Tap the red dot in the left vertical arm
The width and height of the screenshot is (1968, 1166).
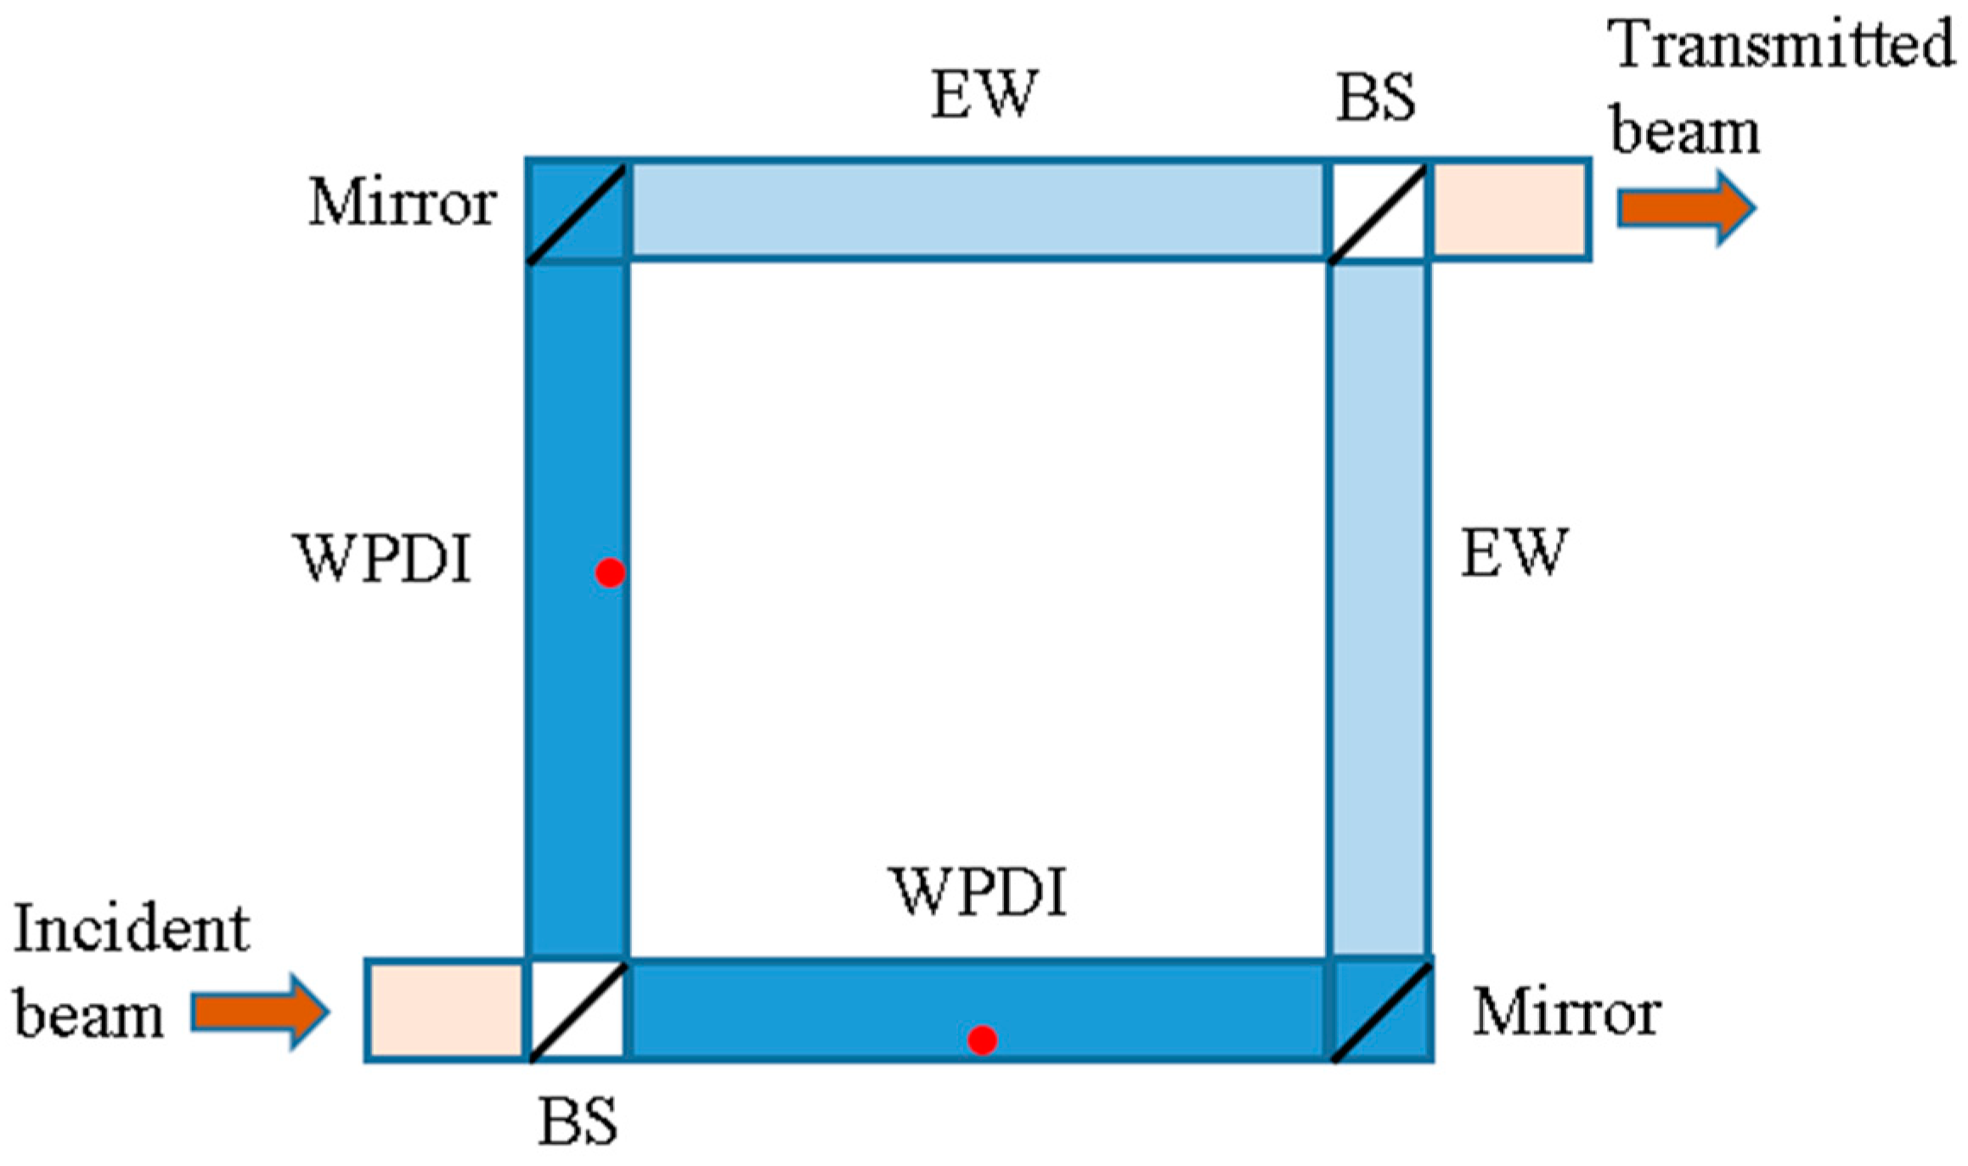[x=610, y=573]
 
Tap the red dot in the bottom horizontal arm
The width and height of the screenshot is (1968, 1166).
[x=982, y=1039]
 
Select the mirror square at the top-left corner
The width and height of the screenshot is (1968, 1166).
[x=578, y=210]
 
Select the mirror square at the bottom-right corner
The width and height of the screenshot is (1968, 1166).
[x=1380, y=1011]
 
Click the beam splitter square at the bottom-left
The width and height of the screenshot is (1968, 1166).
[x=578, y=1011]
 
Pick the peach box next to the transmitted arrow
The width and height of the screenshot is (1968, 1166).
[x=1509, y=210]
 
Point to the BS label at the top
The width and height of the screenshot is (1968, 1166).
[x=1376, y=98]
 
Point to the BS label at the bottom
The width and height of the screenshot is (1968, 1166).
[x=578, y=1122]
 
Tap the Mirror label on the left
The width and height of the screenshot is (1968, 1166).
[x=402, y=203]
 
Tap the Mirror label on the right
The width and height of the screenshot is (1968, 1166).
[x=1566, y=1012]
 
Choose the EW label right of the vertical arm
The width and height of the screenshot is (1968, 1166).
[x=1513, y=553]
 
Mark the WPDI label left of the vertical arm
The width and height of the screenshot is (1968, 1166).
[x=382, y=559]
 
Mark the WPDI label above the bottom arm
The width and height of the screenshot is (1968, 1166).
[x=979, y=893]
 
